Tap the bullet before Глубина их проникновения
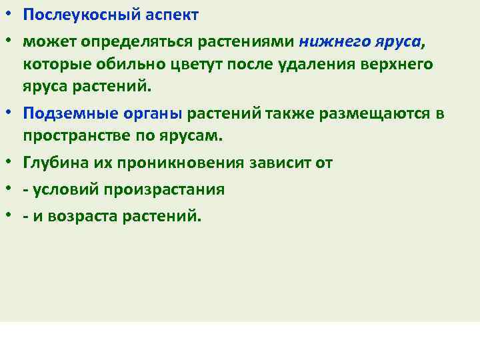10,162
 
